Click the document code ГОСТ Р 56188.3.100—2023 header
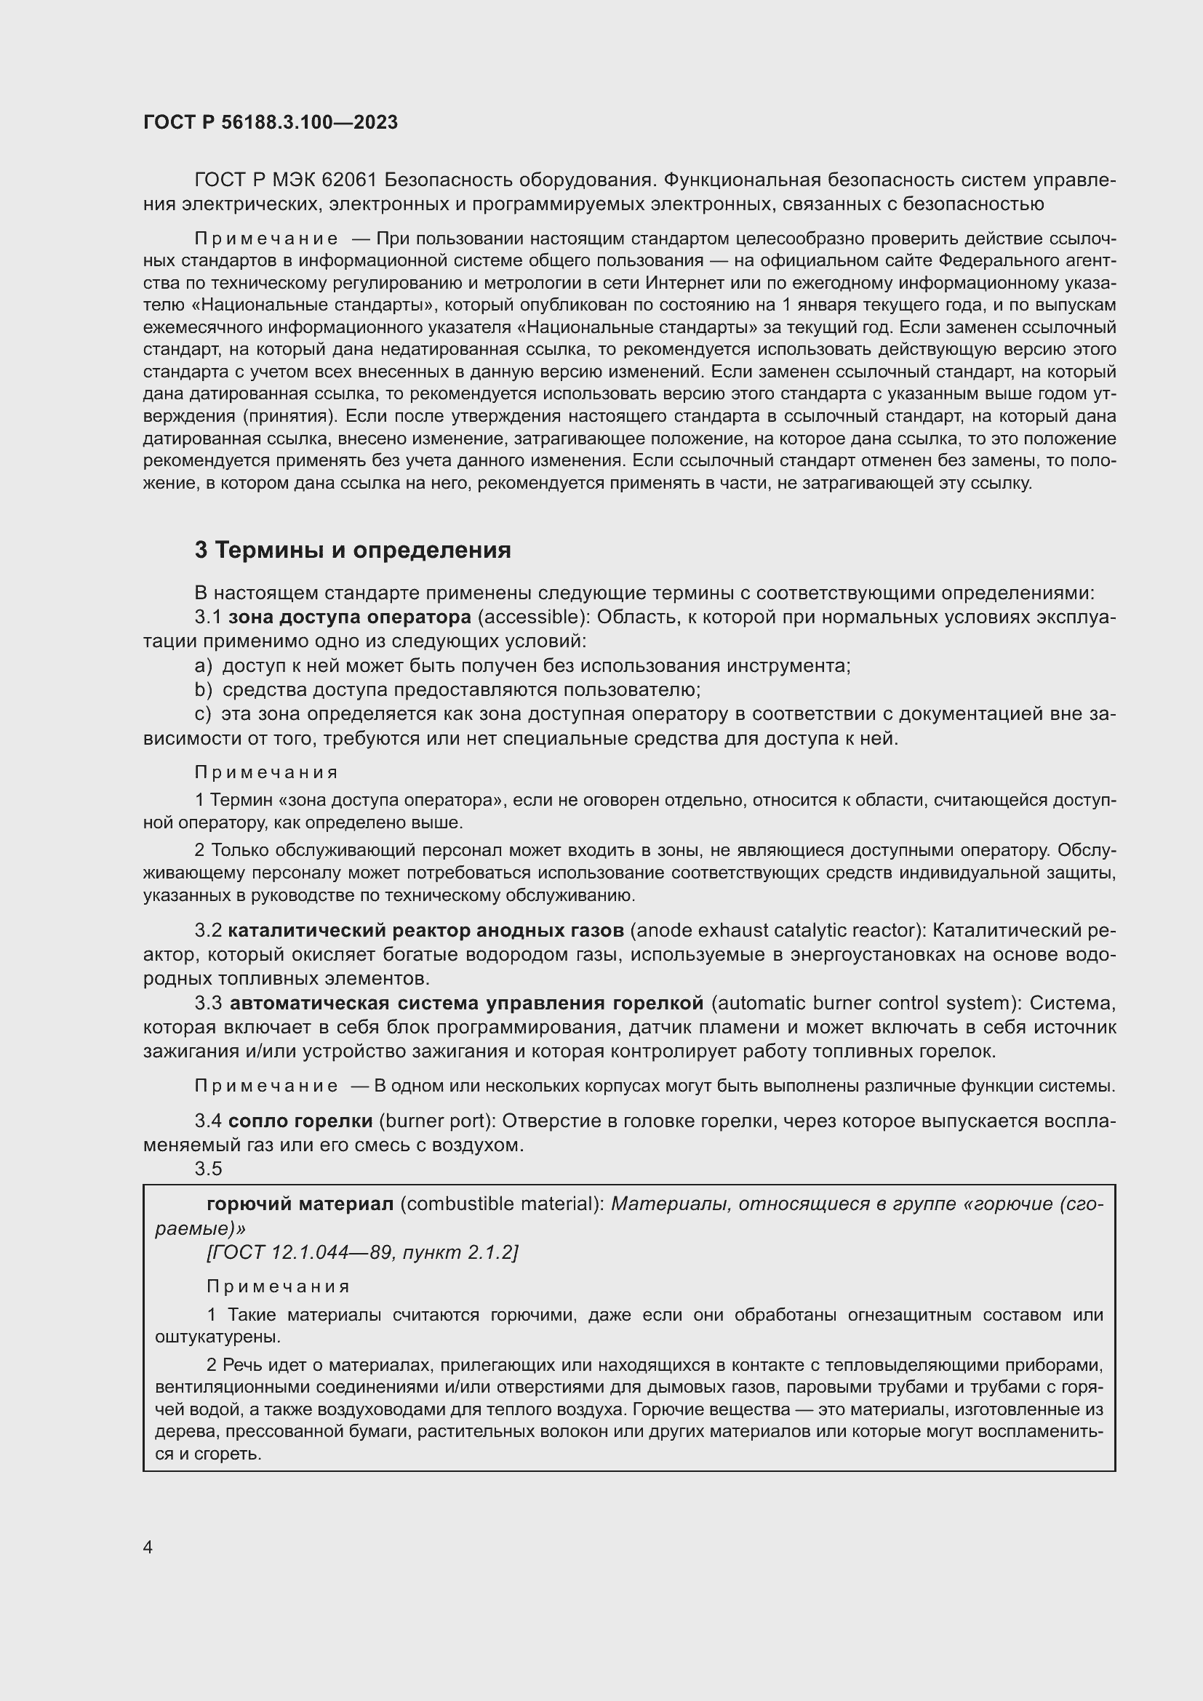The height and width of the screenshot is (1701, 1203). click(x=271, y=122)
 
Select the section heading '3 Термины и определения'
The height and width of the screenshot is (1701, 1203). click(x=353, y=550)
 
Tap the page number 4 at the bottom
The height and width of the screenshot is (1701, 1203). click(x=148, y=1547)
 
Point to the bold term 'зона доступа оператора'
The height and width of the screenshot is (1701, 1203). click(x=350, y=617)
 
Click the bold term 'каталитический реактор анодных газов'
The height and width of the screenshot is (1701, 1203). click(x=426, y=930)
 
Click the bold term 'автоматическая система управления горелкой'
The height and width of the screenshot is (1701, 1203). click(x=467, y=1003)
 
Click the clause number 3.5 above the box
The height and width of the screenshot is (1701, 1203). click(x=208, y=1169)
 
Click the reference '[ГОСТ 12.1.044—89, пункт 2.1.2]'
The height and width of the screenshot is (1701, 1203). click(x=361, y=1252)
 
